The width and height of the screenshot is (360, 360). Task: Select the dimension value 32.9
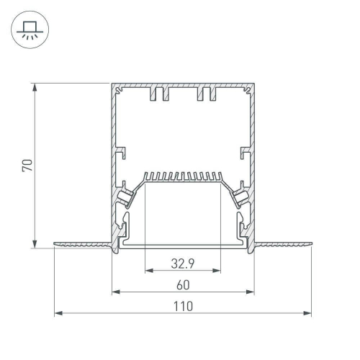(x=183, y=264)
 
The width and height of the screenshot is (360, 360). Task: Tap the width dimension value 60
(x=183, y=284)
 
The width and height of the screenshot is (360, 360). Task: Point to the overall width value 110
(x=183, y=306)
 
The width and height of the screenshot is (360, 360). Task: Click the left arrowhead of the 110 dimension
(x=57, y=314)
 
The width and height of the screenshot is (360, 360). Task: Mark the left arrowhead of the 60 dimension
(x=114, y=292)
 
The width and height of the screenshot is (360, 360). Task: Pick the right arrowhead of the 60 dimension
(x=252, y=292)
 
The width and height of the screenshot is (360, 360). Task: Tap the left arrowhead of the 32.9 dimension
(x=148, y=271)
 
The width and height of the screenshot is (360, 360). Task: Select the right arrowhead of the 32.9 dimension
(x=217, y=271)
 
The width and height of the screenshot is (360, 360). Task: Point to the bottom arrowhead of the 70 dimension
(x=35, y=245)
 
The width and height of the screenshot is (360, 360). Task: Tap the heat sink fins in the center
(x=183, y=176)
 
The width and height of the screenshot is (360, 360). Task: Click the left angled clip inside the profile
(x=127, y=194)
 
